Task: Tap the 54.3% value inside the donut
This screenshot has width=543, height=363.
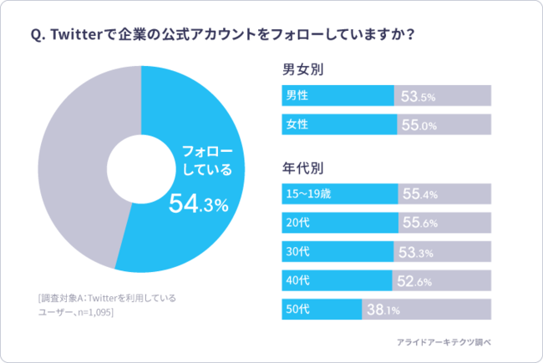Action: click(198, 204)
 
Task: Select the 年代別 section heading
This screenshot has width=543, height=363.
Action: click(303, 168)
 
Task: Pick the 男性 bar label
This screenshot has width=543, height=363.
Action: click(297, 96)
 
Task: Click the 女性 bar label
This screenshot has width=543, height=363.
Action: click(297, 125)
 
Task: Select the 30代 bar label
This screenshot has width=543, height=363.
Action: click(298, 252)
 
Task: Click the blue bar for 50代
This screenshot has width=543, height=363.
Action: click(322, 310)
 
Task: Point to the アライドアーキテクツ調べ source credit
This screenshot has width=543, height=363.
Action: click(456, 341)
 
